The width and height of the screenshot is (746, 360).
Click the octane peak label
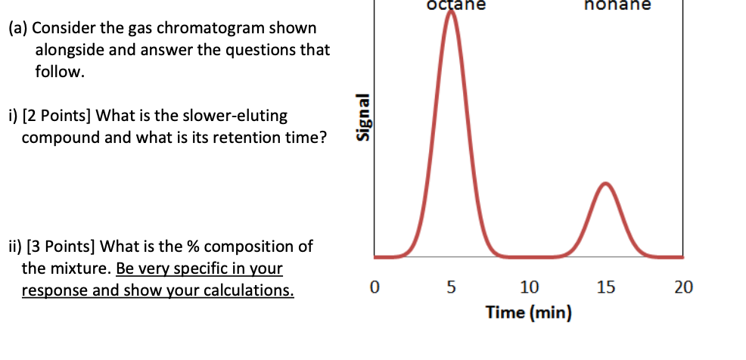click(453, 5)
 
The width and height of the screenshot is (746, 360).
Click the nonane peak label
click(617, 5)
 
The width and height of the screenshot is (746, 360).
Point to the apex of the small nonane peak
click(605, 184)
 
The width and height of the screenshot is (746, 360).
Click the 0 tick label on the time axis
click(373, 288)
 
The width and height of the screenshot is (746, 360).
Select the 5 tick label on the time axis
click(452, 288)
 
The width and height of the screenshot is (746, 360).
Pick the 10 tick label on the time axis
click(529, 288)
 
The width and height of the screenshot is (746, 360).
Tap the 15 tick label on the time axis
click(605, 288)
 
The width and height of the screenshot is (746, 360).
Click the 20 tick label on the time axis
click(682, 288)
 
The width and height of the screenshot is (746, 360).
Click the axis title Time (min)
click(529, 312)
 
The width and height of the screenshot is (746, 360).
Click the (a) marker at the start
click(18, 29)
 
